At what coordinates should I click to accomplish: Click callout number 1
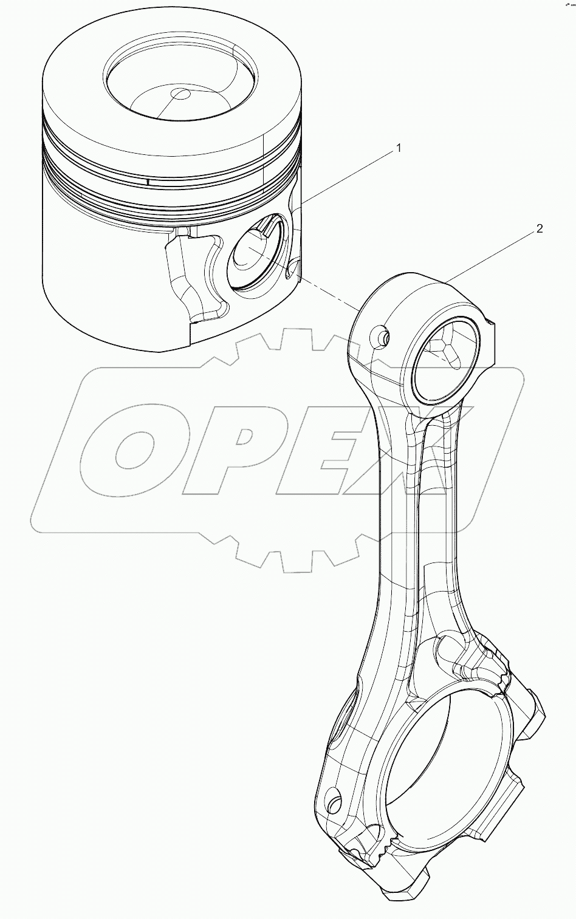[399, 148]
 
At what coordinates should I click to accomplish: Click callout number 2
[538, 229]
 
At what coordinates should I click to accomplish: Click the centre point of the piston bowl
[180, 94]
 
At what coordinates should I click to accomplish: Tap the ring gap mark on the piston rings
[148, 182]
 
